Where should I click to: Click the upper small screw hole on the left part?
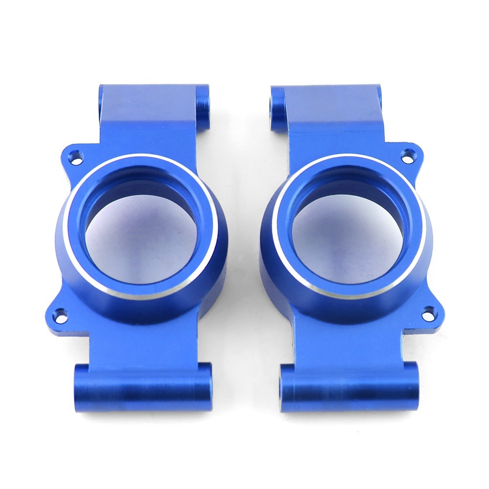click(75, 157)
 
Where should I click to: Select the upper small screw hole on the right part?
click(406, 156)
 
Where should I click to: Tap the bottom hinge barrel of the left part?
click(142, 387)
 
